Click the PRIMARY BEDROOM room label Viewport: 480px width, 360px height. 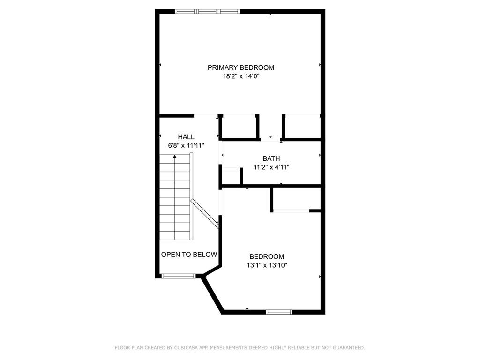click(240, 67)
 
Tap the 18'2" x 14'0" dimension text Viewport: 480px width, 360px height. click(240, 76)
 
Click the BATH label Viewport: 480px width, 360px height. click(271, 159)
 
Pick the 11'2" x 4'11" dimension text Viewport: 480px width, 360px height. click(271, 167)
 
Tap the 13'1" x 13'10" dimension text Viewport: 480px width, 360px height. click(267, 265)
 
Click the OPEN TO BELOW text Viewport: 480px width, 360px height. click(189, 255)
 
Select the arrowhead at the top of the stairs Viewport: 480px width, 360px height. click(175, 157)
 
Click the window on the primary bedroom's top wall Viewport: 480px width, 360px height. click(207, 11)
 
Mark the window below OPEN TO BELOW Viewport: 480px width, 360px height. click(178, 276)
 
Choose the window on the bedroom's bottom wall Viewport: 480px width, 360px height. click(279, 312)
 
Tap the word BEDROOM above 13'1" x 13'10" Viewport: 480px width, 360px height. click(267, 256)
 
